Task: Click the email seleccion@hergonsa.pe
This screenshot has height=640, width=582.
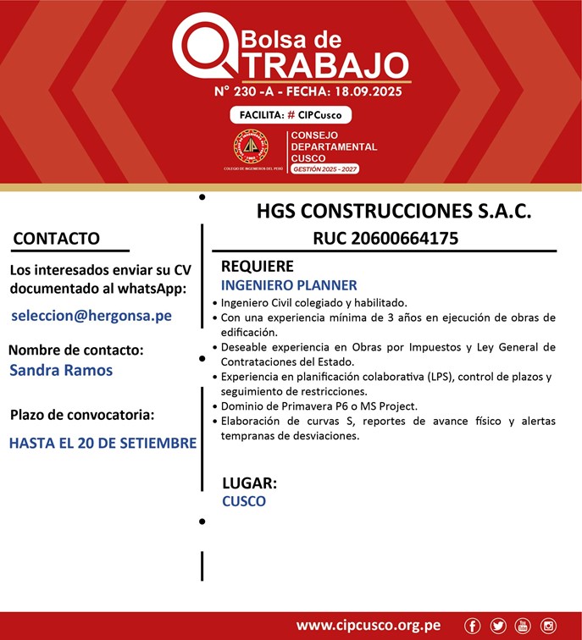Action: pyautogui.click(x=91, y=315)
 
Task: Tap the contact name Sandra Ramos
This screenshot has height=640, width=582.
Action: pyautogui.click(x=61, y=370)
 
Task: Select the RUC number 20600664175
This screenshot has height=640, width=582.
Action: pyautogui.click(x=385, y=238)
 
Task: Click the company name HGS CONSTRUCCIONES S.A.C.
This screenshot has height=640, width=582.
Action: pyautogui.click(x=394, y=211)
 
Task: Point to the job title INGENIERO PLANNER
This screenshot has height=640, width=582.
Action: pyautogui.click(x=289, y=285)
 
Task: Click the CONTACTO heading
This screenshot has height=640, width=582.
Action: pyautogui.click(x=57, y=239)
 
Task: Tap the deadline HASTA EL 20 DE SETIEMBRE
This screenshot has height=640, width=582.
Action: pyautogui.click(x=103, y=443)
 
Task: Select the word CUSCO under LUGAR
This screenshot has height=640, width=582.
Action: pyautogui.click(x=244, y=501)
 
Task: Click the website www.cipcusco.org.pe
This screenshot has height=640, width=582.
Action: pyautogui.click(x=368, y=626)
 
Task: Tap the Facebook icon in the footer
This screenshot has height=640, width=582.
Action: pyautogui.click(x=472, y=626)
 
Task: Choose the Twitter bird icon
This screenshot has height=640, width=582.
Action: pyautogui.click(x=497, y=626)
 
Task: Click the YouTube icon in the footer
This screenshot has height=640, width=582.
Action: pyautogui.click(x=522, y=626)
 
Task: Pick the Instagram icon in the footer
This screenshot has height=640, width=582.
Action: pyautogui.click(x=548, y=626)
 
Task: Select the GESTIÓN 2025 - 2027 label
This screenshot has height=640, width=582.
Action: pyautogui.click(x=324, y=169)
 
